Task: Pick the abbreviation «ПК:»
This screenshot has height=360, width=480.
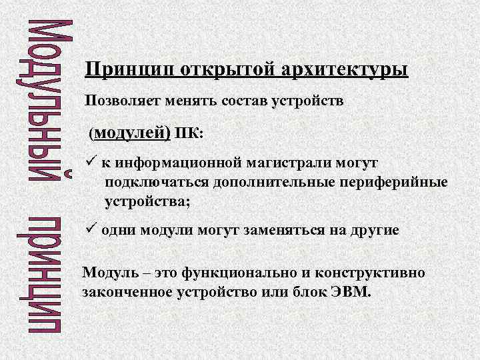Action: (x=189, y=133)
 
